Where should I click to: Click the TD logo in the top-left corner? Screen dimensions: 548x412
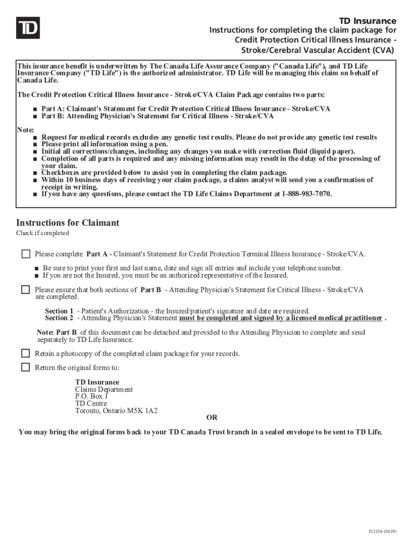tap(27, 28)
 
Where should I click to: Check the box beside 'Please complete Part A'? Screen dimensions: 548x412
tap(26, 253)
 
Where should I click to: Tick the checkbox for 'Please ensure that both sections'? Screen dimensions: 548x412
tap(26, 290)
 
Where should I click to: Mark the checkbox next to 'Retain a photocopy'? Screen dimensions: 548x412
tap(26, 353)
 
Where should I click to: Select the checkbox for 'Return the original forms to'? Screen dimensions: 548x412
tap(26, 367)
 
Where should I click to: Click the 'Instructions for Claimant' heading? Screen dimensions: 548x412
tap(67, 223)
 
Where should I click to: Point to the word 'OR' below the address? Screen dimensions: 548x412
tap(212, 418)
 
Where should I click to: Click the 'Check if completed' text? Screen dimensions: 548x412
tap(42, 233)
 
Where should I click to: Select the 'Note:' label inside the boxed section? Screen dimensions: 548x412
tap(25, 130)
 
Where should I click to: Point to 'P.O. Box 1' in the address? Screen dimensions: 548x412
tap(91, 397)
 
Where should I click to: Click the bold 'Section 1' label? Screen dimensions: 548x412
tap(59, 311)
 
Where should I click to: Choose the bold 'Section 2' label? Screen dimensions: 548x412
tap(59, 318)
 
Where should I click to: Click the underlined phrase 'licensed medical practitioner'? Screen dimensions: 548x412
tap(337, 318)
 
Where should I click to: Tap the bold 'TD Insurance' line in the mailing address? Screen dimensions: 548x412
tap(97, 382)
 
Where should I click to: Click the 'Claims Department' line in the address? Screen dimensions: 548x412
tap(104, 390)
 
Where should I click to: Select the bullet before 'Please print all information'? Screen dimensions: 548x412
tap(35, 144)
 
